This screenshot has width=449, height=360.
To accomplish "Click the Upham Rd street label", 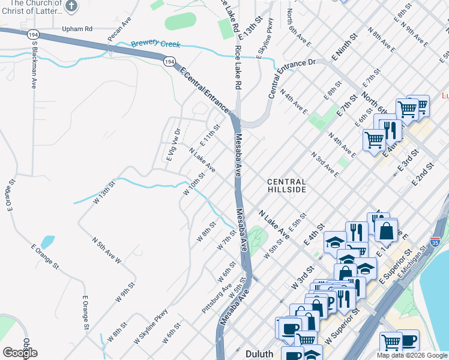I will point(77,28).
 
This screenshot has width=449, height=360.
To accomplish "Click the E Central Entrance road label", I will point(204,90).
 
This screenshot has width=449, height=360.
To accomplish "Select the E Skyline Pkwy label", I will point(265,39).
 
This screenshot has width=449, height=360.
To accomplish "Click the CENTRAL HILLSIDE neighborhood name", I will point(286,185).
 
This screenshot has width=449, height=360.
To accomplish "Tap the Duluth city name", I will point(260,353).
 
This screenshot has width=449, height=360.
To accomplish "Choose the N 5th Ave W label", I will point(106,250).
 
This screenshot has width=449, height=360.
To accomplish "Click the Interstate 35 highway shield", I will point(436,242).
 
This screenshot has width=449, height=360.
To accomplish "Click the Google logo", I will point(20,352).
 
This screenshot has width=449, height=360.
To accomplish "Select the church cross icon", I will point(71,7).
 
